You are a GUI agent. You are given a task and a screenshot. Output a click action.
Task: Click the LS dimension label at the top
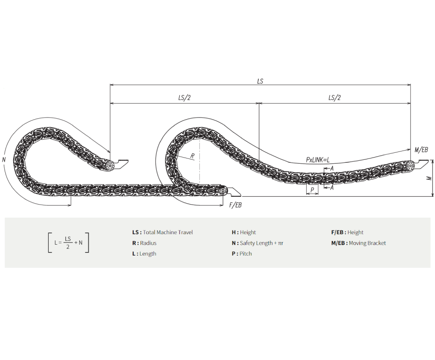pyautogui.click(x=260, y=81)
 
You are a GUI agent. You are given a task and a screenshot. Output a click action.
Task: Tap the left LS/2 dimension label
pyautogui.click(x=184, y=98)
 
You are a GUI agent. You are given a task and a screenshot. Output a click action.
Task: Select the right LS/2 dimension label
pyautogui.click(x=334, y=98)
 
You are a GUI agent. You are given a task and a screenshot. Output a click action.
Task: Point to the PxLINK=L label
pyautogui.click(x=318, y=160)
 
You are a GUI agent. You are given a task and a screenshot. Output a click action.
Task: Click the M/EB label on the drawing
pyautogui.click(x=421, y=150)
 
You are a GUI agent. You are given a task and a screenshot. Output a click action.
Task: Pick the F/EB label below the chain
pyautogui.click(x=235, y=205)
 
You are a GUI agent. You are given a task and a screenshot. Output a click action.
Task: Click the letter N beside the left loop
pyautogui.click(x=4, y=160)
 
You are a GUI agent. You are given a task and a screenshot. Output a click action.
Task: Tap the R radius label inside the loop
pyautogui.click(x=192, y=156)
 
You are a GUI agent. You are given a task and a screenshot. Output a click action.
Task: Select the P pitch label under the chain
pyautogui.click(x=312, y=190)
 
